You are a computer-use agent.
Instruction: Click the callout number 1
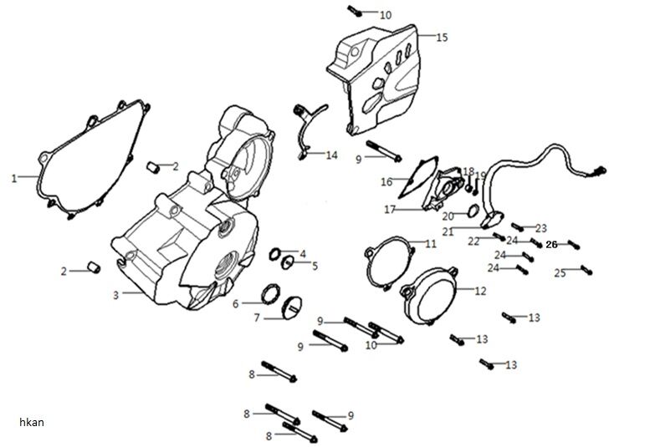point(13,178)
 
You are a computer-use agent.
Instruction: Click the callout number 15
point(442,37)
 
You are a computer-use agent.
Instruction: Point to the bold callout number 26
point(551,245)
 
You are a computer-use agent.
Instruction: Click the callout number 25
point(560,273)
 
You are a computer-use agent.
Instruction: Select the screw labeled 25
point(586,269)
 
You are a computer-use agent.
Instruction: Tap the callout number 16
point(386,181)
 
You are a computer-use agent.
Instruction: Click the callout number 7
point(257,317)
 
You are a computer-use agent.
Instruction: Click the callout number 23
point(540,227)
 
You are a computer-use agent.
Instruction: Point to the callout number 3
point(116,293)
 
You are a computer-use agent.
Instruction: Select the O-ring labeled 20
point(471,210)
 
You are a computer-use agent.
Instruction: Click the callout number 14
point(332,155)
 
